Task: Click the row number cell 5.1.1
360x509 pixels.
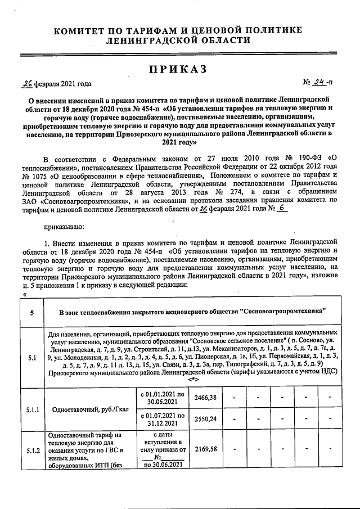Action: (31, 409)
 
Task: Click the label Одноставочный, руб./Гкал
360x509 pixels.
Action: (91, 409)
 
